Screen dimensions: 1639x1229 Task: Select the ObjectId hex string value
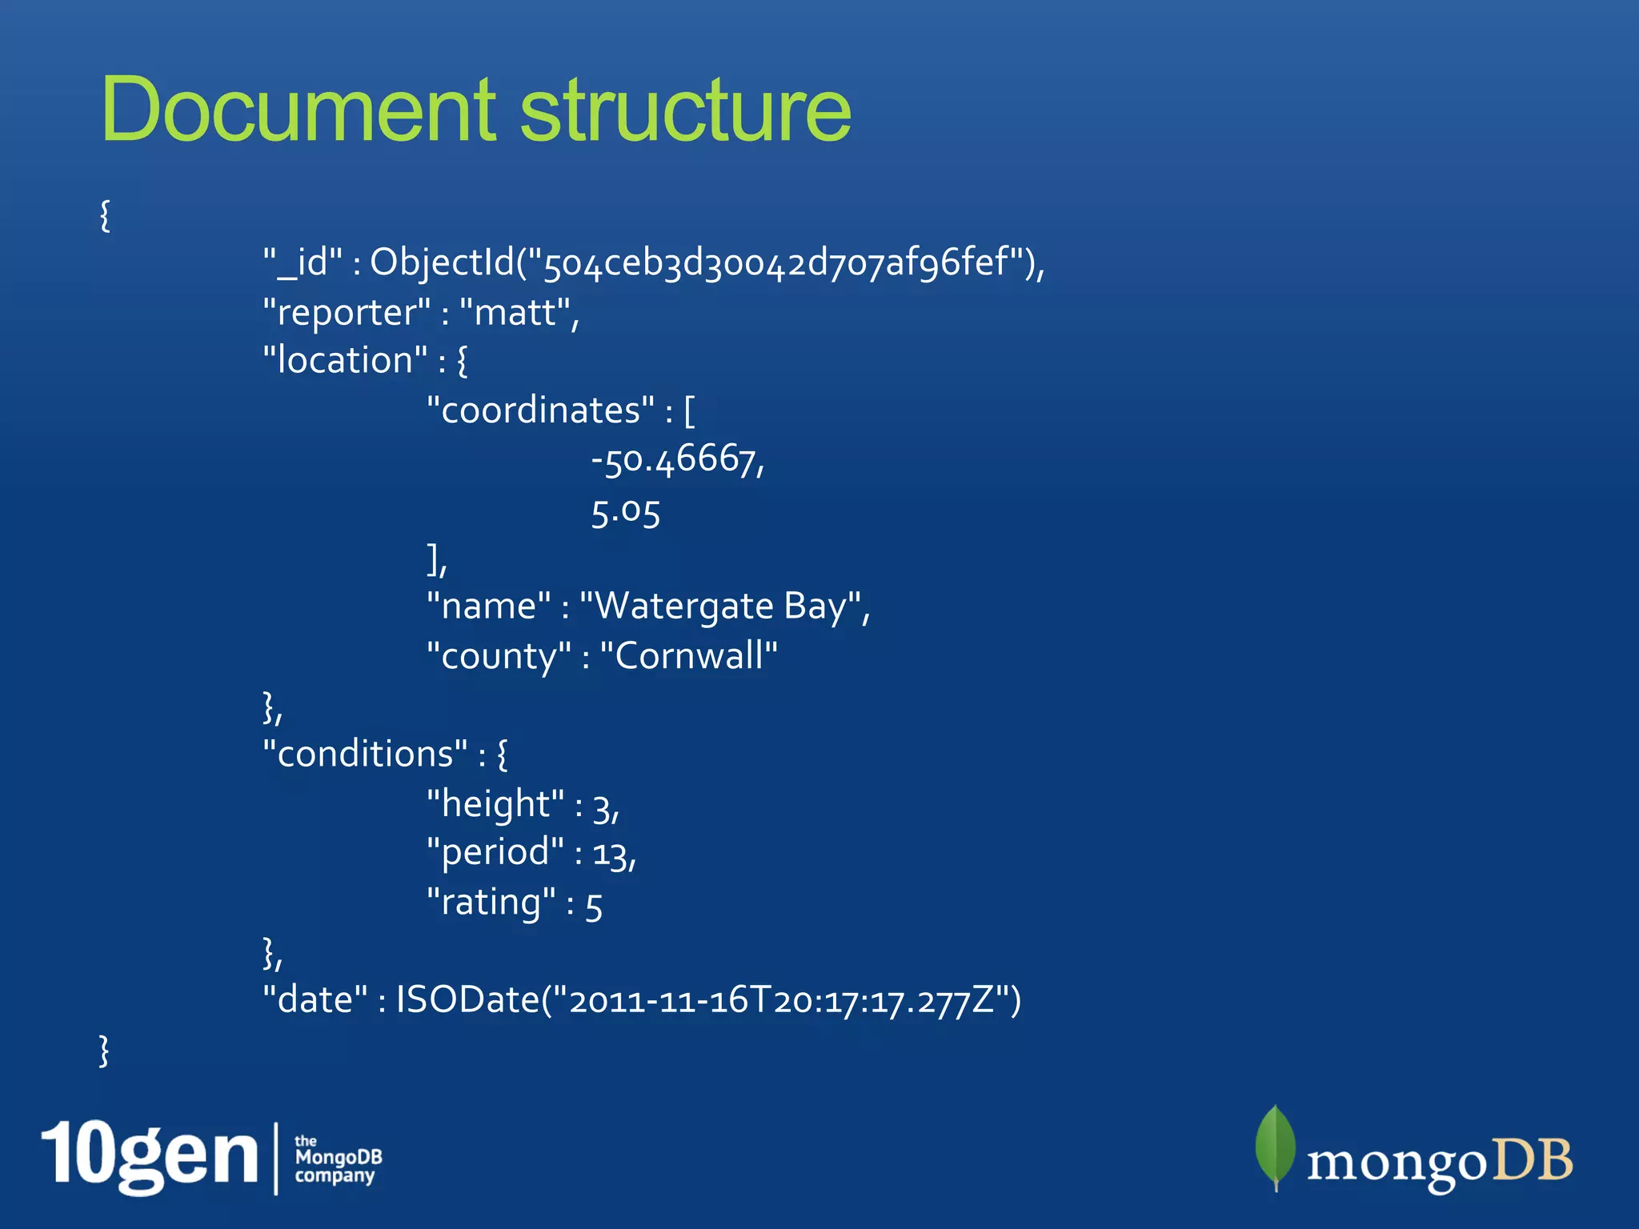tap(775, 262)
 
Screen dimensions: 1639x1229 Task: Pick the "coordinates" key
tap(540, 410)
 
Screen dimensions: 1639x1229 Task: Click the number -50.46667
tap(675, 460)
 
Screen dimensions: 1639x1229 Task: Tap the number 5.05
tap(625, 512)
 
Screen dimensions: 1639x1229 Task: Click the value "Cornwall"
tap(688, 656)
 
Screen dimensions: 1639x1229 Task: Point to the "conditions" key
tap(365, 755)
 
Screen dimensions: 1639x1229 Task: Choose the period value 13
tap(611, 854)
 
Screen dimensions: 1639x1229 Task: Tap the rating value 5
tap(594, 906)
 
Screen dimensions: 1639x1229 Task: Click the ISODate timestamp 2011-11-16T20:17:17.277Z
tap(781, 1001)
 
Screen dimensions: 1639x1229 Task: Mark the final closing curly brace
tap(104, 1051)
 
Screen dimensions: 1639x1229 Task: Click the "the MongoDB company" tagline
tap(338, 1158)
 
